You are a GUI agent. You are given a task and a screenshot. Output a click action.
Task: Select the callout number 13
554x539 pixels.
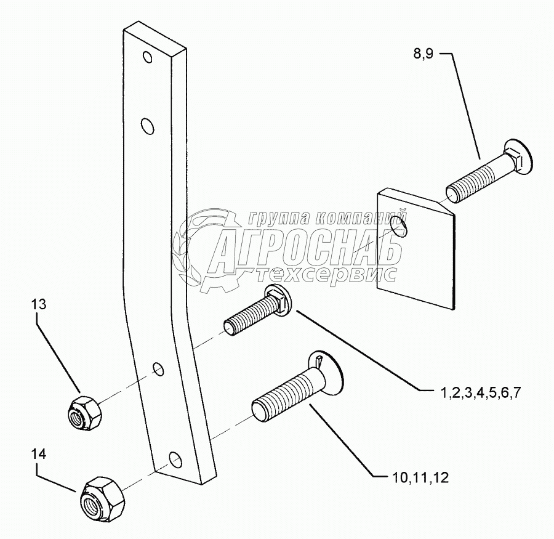click(x=38, y=304)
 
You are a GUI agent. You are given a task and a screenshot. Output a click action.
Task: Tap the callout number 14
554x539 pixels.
click(x=38, y=454)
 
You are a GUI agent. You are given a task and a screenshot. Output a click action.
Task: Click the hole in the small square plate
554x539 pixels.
click(x=403, y=232)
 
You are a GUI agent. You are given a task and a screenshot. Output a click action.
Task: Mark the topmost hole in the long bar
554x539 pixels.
click(x=147, y=58)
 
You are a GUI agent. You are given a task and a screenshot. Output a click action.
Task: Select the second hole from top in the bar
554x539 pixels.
click(x=147, y=126)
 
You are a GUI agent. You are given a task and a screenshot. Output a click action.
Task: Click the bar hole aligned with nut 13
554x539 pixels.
click(x=158, y=370)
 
